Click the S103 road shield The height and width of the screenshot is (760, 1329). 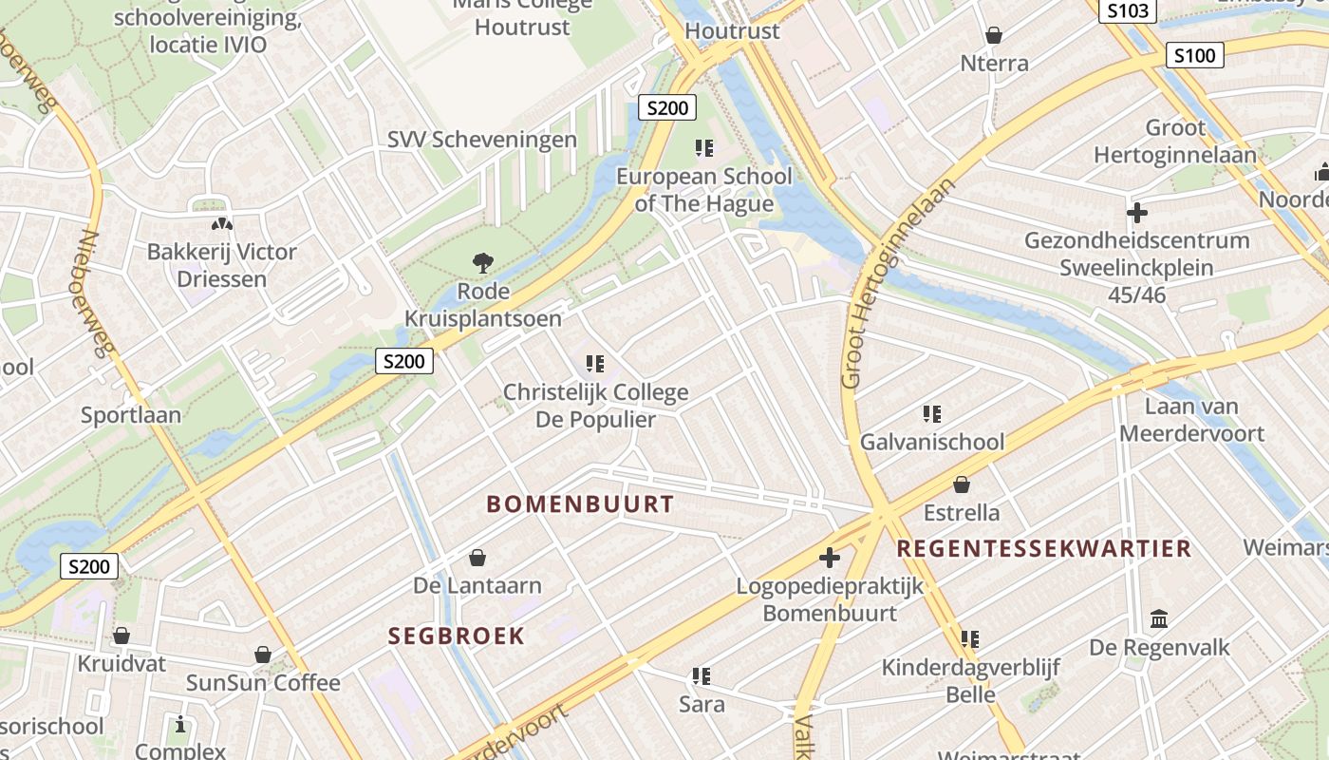click(x=1128, y=11)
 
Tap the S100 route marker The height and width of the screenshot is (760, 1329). click(x=1194, y=55)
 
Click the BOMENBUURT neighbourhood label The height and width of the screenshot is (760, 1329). click(x=580, y=504)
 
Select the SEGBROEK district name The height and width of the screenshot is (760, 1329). click(x=456, y=636)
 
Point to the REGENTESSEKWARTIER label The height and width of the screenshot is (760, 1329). click(x=1043, y=549)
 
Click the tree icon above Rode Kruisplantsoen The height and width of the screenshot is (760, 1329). click(x=483, y=262)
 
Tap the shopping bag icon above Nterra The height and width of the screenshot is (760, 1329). click(x=994, y=36)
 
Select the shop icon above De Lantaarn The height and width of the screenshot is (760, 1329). click(x=477, y=558)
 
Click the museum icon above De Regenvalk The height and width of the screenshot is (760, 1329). click(x=1159, y=619)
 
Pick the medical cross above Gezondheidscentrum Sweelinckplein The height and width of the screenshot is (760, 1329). click(x=1136, y=212)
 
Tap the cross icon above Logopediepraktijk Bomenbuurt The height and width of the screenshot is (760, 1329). click(x=830, y=558)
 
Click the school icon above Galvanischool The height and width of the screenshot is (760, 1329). click(x=931, y=414)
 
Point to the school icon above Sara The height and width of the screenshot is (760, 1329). click(x=702, y=676)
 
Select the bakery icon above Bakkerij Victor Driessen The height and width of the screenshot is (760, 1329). click(x=221, y=225)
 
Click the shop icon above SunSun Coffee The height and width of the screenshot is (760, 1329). click(x=263, y=655)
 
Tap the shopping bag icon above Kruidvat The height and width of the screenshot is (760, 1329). click(x=122, y=636)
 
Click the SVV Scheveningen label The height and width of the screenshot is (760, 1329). click(x=481, y=140)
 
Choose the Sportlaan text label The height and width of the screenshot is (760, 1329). click(x=130, y=415)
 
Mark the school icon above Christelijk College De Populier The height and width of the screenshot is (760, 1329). click(x=595, y=364)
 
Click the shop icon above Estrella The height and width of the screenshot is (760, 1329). click(x=962, y=484)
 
